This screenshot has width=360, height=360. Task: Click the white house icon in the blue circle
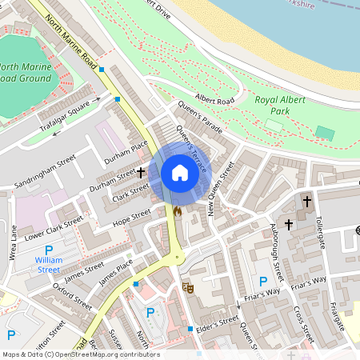tap(180, 173)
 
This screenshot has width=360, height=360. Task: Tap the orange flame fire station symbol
tap(178, 212)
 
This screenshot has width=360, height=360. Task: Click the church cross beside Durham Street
tap(141, 172)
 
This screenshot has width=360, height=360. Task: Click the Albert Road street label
tap(214, 100)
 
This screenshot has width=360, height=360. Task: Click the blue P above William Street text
tap(49, 251)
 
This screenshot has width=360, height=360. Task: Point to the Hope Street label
tap(132, 217)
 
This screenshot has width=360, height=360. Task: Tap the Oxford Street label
tap(73, 295)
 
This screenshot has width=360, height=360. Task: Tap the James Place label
tap(115, 272)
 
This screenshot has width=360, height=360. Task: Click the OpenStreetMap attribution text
tap(81, 354)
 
